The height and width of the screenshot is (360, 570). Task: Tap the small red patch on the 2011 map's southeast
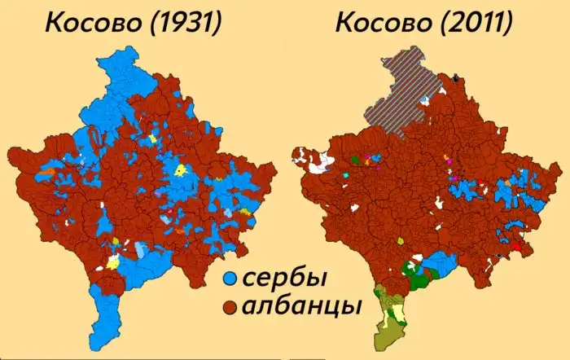[x=514, y=245]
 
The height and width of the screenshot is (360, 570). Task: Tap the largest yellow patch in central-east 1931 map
[x=182, y=170]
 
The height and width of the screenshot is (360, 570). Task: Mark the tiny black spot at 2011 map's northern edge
[x=456, y=77]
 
